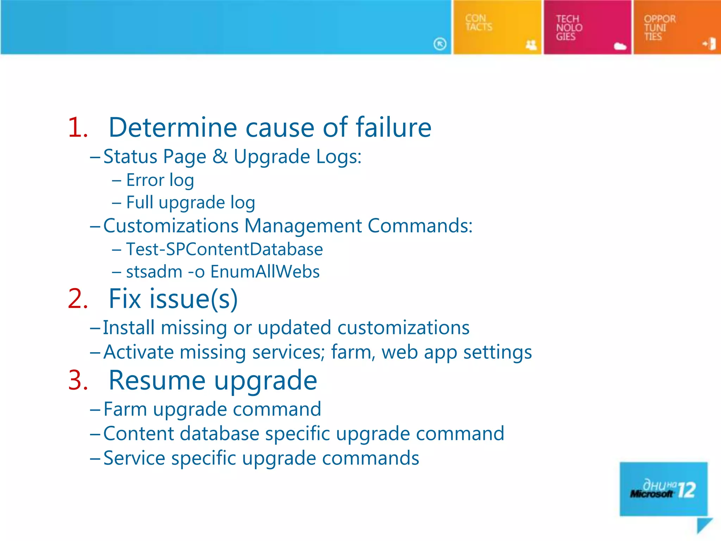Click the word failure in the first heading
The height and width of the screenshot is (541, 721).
tap(393, 128)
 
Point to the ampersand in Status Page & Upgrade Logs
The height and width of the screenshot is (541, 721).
tap(220, 156)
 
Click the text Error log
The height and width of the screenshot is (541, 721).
tap(160, 180)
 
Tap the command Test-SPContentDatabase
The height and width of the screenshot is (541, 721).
tap(224, 249)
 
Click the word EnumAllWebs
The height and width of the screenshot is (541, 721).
tap(265, 272)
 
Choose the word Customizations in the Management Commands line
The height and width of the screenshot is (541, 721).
tap(171, 226)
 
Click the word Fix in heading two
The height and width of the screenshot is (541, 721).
tap(125, 299)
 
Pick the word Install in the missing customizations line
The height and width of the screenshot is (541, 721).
tap(128, 328)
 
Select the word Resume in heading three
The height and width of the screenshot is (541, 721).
tap(157, 381)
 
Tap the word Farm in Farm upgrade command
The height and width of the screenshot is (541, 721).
tap(125, 410)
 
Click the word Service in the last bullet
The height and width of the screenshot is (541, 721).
tap(134, 458)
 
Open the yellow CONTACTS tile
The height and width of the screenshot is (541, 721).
tap(497, 27)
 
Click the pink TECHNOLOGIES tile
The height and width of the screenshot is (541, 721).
tap(587, 27)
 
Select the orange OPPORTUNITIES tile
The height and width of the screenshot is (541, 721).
tap(677, 27)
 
